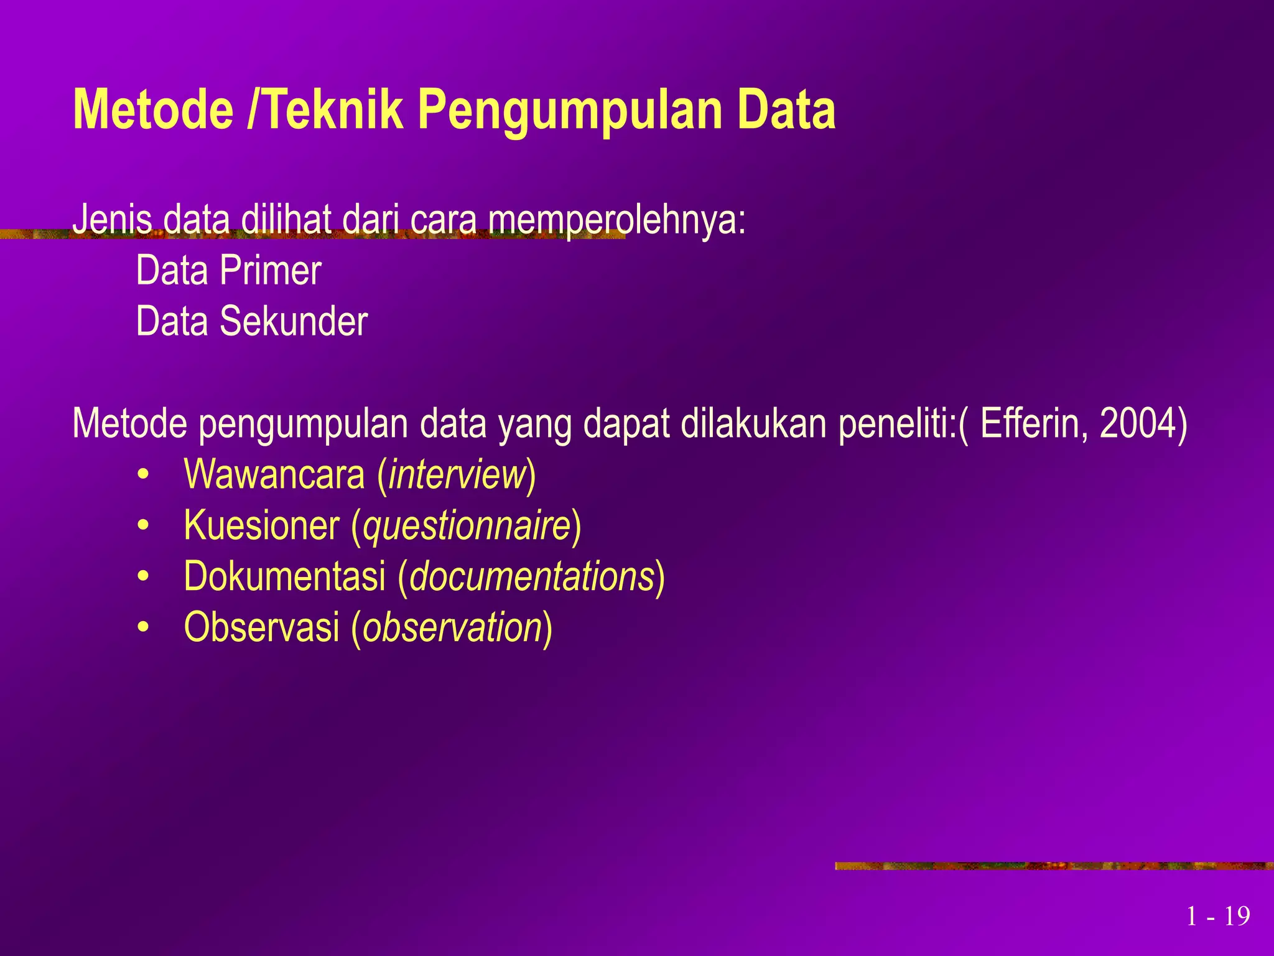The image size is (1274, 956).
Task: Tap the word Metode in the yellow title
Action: pyautogui.click(x=153, y=110)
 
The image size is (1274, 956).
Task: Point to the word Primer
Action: pyautogui.click(x=271, y=271)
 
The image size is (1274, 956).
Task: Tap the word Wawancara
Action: pyautogui.click(x=274, y=474)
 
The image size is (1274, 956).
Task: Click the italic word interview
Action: pyautogui.click(x=458, y=474)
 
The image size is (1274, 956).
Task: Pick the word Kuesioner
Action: pyautogui.click(x=262, y=525)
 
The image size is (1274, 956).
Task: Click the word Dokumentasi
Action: pyautogui.click(x=285, y=576)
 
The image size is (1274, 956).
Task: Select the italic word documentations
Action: pyautogui.click(x=532, y=576)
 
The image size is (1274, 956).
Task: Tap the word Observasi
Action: pyautogui.click(x=262, y=627)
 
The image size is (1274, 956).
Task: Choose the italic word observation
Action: pyautogui.click(x=452, y=627)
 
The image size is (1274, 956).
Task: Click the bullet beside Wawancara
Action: pyautogui.click(x=144, y=476)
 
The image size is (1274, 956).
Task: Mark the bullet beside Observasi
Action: pyautogui.click(x=144, y=628)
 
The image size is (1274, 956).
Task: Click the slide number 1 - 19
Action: pyautogui.click(x=1218, y=916)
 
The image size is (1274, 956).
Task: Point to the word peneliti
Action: pyautogui.click(x=896, y=423)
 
